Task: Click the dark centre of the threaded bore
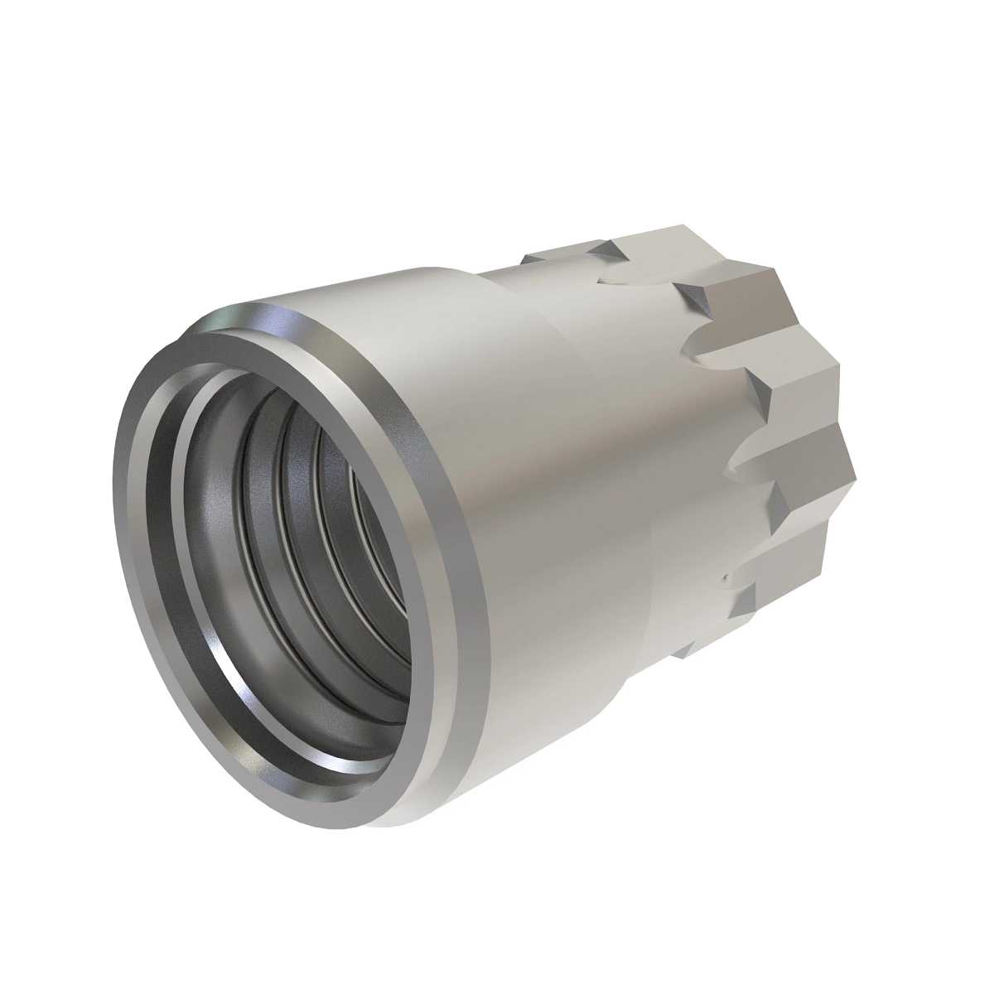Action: [364, 538]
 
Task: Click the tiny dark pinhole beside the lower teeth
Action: [723, 577]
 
